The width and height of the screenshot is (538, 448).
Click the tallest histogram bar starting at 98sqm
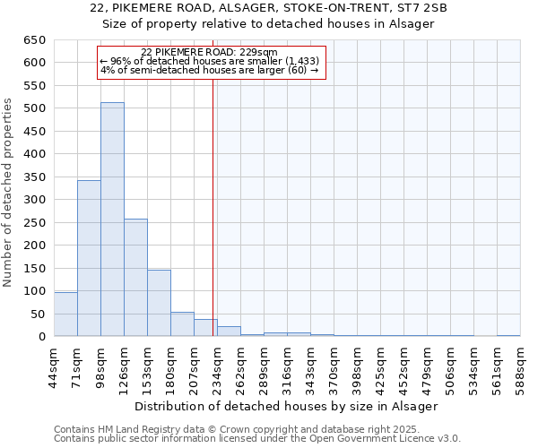click(x=112, y=220)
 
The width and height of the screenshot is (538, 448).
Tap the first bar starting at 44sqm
click(x=65, y=314)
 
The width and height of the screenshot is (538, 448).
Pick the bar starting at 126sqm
click(x=135, y=278)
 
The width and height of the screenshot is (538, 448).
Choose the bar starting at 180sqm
click(x=182, y=324)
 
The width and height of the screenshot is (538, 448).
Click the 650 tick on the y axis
click(x=34, y=40)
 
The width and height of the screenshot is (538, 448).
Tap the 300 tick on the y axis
click(x=34, y=200)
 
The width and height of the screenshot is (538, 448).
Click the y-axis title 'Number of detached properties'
click(x=9, y=194)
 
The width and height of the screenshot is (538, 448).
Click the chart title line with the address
click(x=269, y=8)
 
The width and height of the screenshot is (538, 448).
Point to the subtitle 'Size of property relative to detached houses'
click(x=269, y=24)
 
